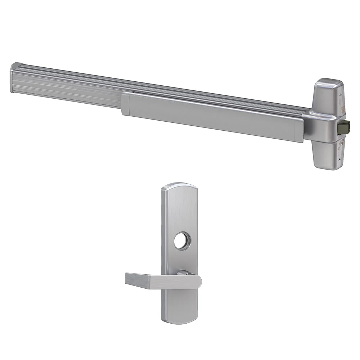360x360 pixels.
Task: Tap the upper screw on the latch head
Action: [340, 95]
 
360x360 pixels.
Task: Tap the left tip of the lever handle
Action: [127, 279]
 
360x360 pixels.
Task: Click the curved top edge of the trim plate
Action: [179, 184]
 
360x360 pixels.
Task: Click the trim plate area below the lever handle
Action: [179, 304]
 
